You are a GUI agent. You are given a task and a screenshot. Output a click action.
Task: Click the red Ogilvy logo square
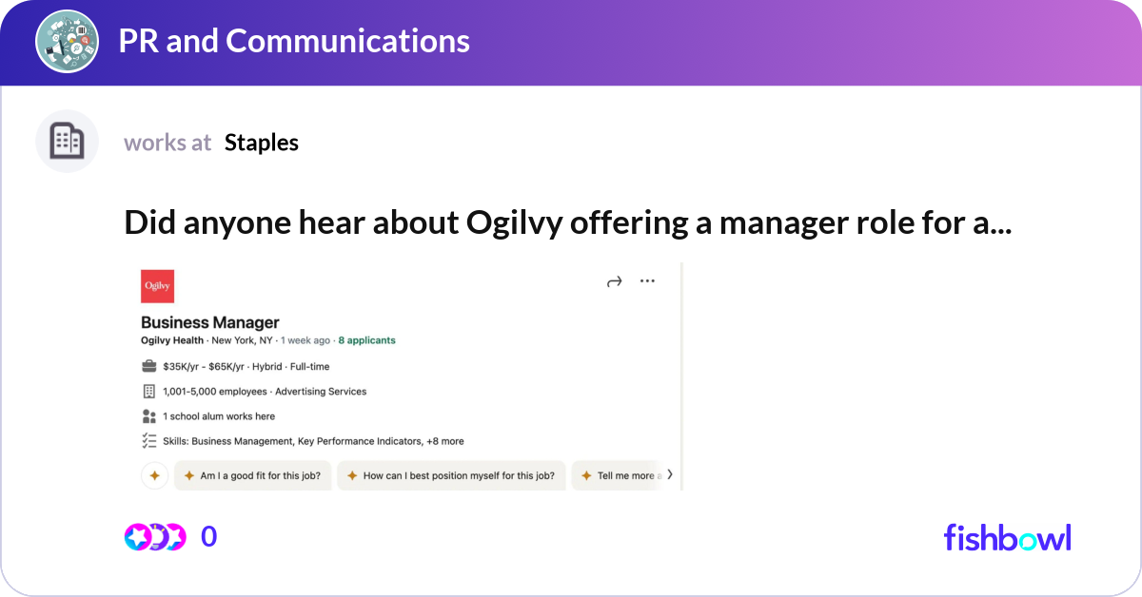(157, 286)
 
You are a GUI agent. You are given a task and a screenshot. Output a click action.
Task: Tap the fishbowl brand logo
(1007, 537)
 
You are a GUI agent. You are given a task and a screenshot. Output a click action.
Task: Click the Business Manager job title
(210, 322)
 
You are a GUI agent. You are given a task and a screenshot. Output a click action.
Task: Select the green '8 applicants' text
(366, 340)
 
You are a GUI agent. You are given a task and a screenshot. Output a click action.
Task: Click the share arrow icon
(614, 281)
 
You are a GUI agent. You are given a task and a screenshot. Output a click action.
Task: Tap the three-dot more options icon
(647, 281)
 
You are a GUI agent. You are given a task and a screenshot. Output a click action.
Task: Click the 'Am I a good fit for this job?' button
(252, 475)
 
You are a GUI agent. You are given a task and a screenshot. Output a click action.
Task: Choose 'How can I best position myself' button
(451, 475)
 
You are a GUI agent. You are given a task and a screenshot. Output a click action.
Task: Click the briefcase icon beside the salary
(148, 366)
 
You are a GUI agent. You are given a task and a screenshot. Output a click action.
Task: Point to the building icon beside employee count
(148, 391)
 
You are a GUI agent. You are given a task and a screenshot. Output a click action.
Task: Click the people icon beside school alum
(148, 416)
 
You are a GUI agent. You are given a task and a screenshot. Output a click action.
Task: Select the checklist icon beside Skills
(148, 440)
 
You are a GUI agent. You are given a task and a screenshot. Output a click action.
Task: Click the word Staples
(262, 143)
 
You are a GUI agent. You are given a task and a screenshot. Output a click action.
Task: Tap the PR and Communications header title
(294, 41)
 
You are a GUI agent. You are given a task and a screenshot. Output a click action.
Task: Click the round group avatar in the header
(68, 41)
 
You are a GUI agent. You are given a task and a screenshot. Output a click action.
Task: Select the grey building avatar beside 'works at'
(68, 142)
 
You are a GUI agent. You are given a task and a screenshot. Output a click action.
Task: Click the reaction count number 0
(208, 537)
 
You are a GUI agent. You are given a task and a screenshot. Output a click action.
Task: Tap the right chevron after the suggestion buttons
(670, 474)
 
